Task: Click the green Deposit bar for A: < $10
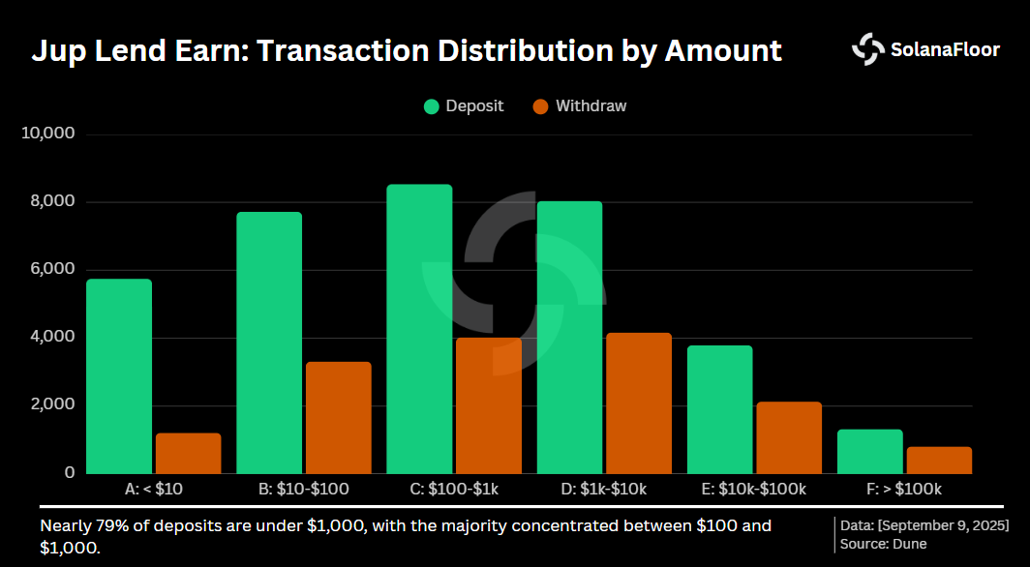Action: click(119, 376)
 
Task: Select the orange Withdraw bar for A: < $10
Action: click(188, 454)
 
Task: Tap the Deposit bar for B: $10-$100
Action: click(269, 343)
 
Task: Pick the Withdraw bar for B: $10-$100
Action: click(338, 418)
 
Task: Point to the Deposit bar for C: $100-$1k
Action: click(419, 329)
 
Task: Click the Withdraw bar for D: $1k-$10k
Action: click(638, 403)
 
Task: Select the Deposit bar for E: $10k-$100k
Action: click(719, 409)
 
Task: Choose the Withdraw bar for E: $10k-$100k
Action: click(788, 437)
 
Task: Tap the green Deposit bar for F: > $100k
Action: click(869, 452)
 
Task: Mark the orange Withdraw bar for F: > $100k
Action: click(938, 461)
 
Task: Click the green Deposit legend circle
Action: click(432, 106)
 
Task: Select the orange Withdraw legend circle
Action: click(541, 106)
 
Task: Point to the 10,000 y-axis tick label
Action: click(47, 134)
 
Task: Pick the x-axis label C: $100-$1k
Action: click(454, 490)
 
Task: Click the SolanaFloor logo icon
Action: click(867, 49)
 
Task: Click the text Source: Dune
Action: click(884, 544)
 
